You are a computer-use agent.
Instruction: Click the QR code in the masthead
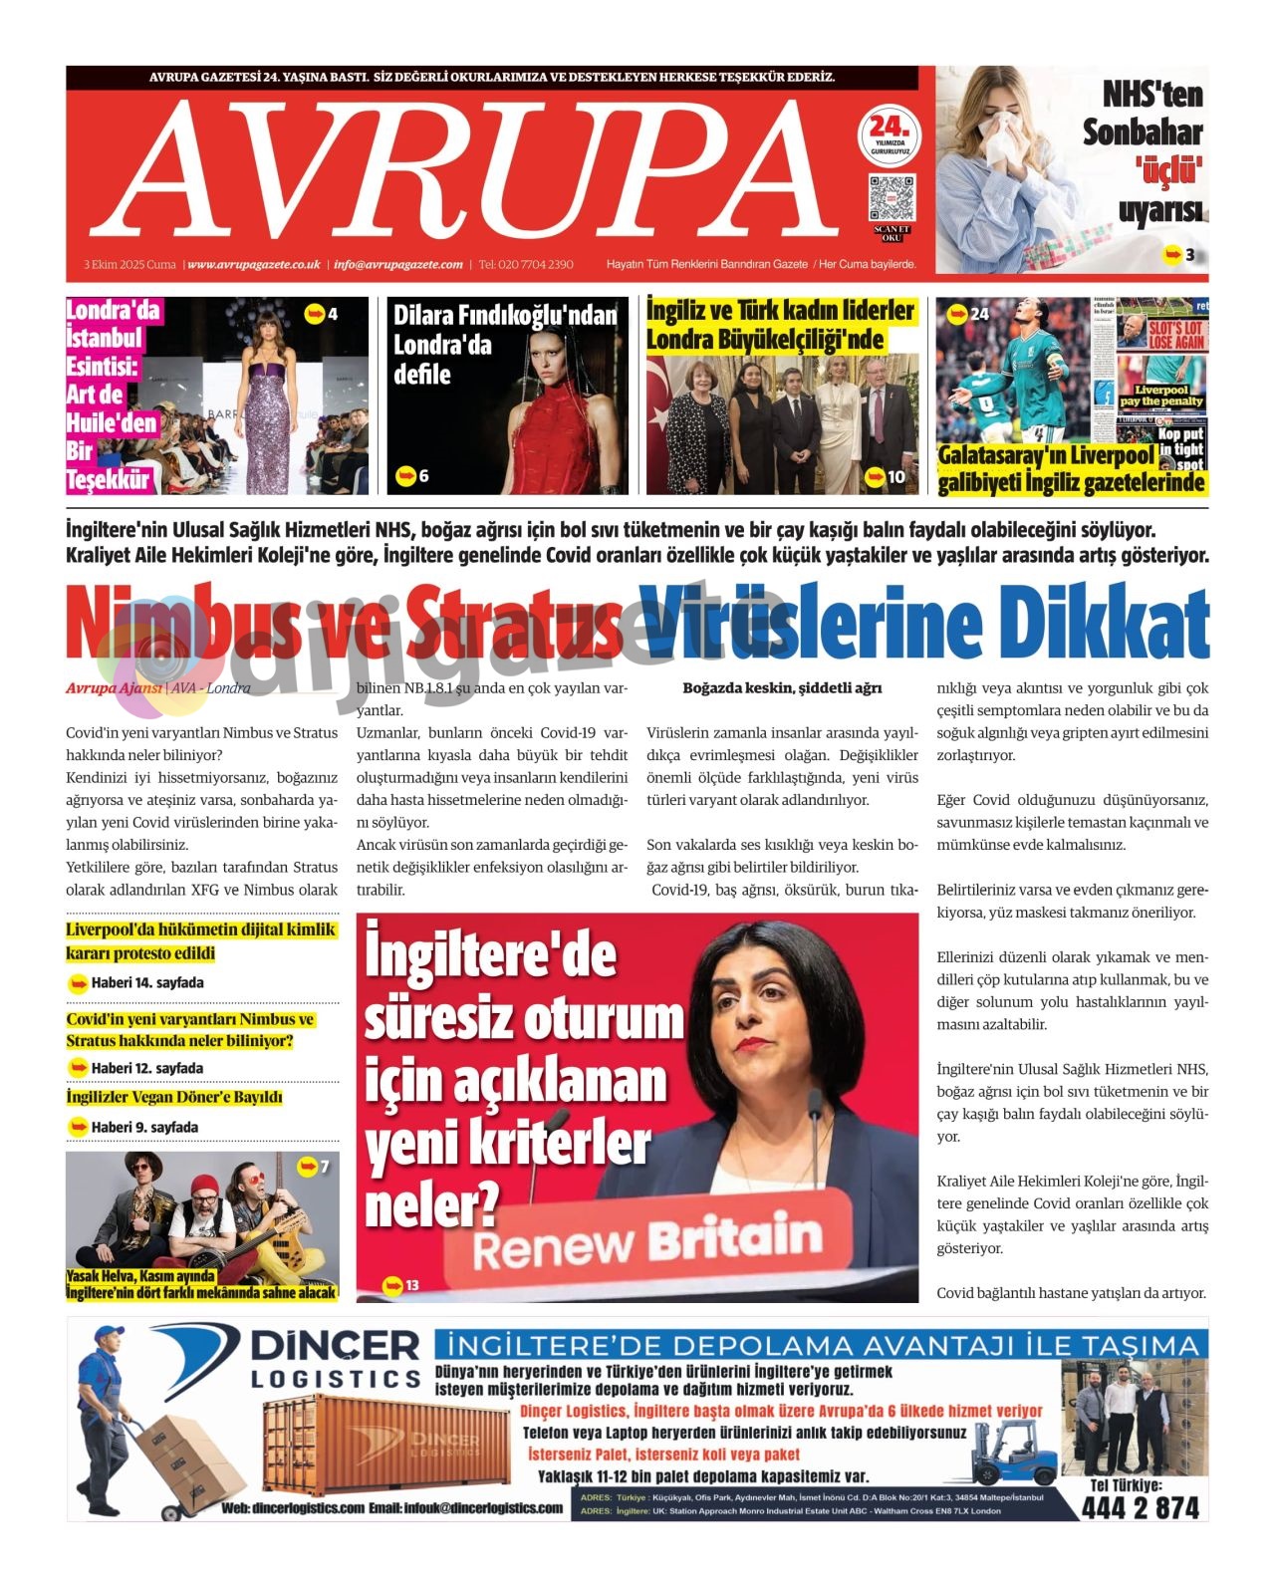click(891, 198)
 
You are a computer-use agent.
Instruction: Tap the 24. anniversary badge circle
click(889, 135)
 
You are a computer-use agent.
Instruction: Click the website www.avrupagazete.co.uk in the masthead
click(254, 265)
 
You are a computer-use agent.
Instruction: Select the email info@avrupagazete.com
click(398, 265)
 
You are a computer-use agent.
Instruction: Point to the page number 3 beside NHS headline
click(1189, 255)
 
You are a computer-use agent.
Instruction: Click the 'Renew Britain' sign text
click(647, 1241)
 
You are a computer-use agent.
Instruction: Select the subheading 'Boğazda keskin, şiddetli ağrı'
click(782, 688)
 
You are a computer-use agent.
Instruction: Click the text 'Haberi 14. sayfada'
click(147, 983)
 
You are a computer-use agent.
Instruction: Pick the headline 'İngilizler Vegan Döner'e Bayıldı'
click(174, 1098)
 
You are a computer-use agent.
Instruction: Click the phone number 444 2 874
click(1141, 1508)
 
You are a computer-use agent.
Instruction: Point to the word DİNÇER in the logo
click(335, 1346)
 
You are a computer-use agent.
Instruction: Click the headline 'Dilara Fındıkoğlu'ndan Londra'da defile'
click(505, 345)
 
